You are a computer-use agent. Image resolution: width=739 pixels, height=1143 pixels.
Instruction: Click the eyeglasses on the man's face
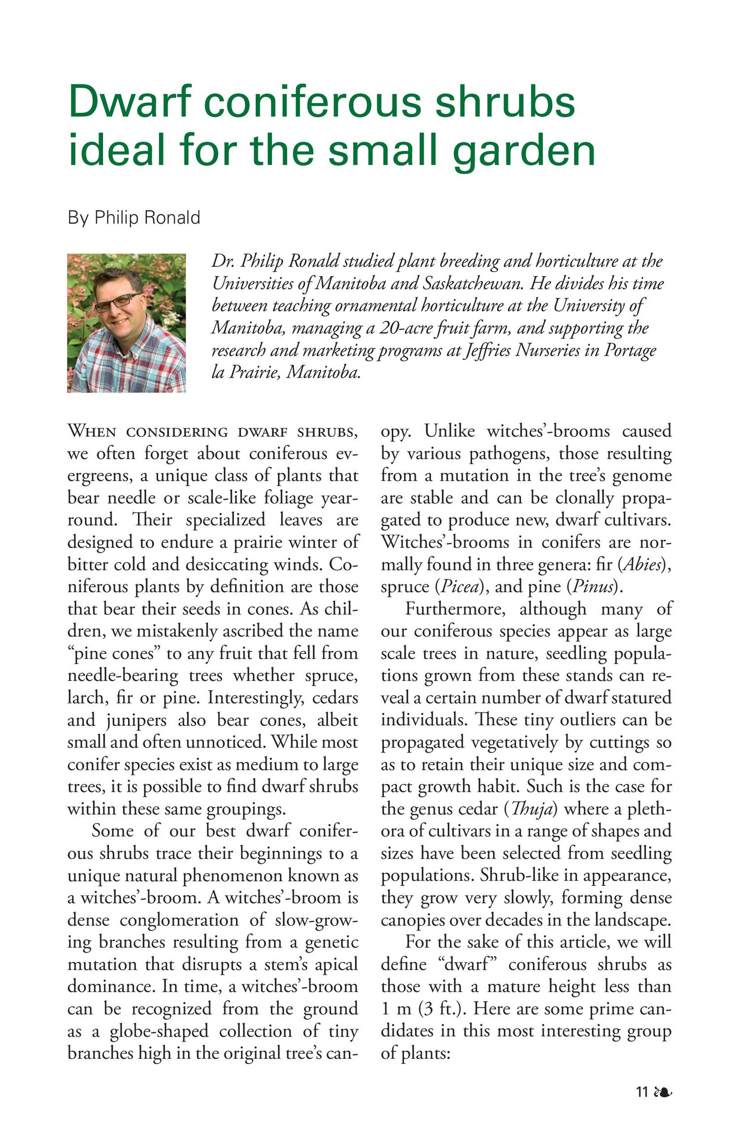pos(117,302)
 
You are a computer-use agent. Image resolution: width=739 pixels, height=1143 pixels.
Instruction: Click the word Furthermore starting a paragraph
pos(455,608)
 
